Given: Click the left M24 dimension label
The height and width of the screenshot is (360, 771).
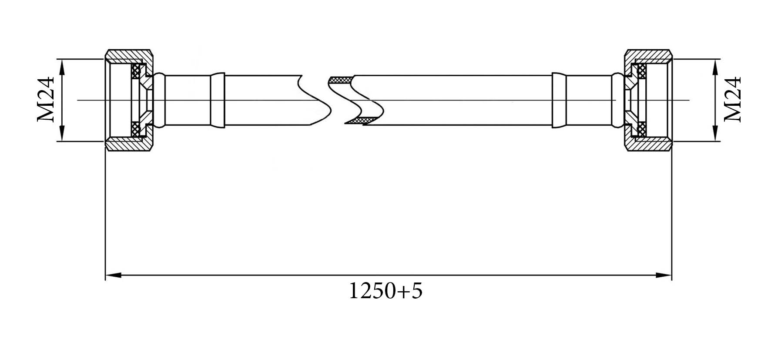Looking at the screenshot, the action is [45, 100].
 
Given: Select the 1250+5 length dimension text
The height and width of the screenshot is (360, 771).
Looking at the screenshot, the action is [385, 291].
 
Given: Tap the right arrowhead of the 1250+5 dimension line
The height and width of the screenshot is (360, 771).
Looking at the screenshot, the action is [664, 275].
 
